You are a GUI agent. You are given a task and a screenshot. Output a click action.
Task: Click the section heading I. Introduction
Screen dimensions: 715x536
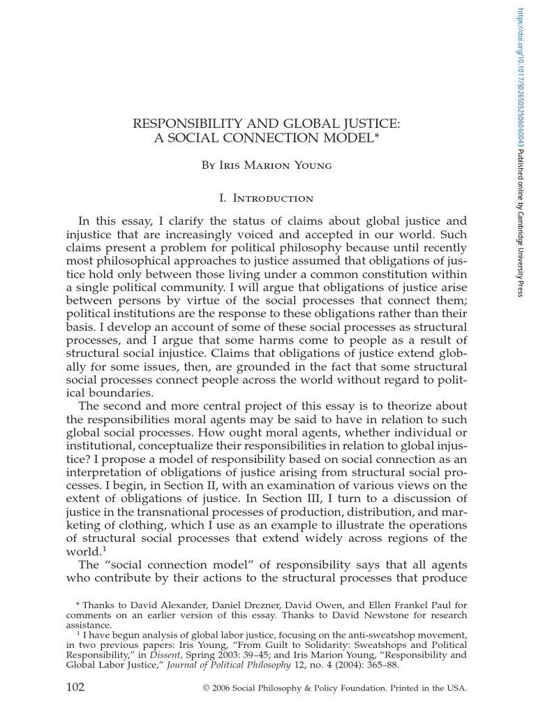tap(267, 199)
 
